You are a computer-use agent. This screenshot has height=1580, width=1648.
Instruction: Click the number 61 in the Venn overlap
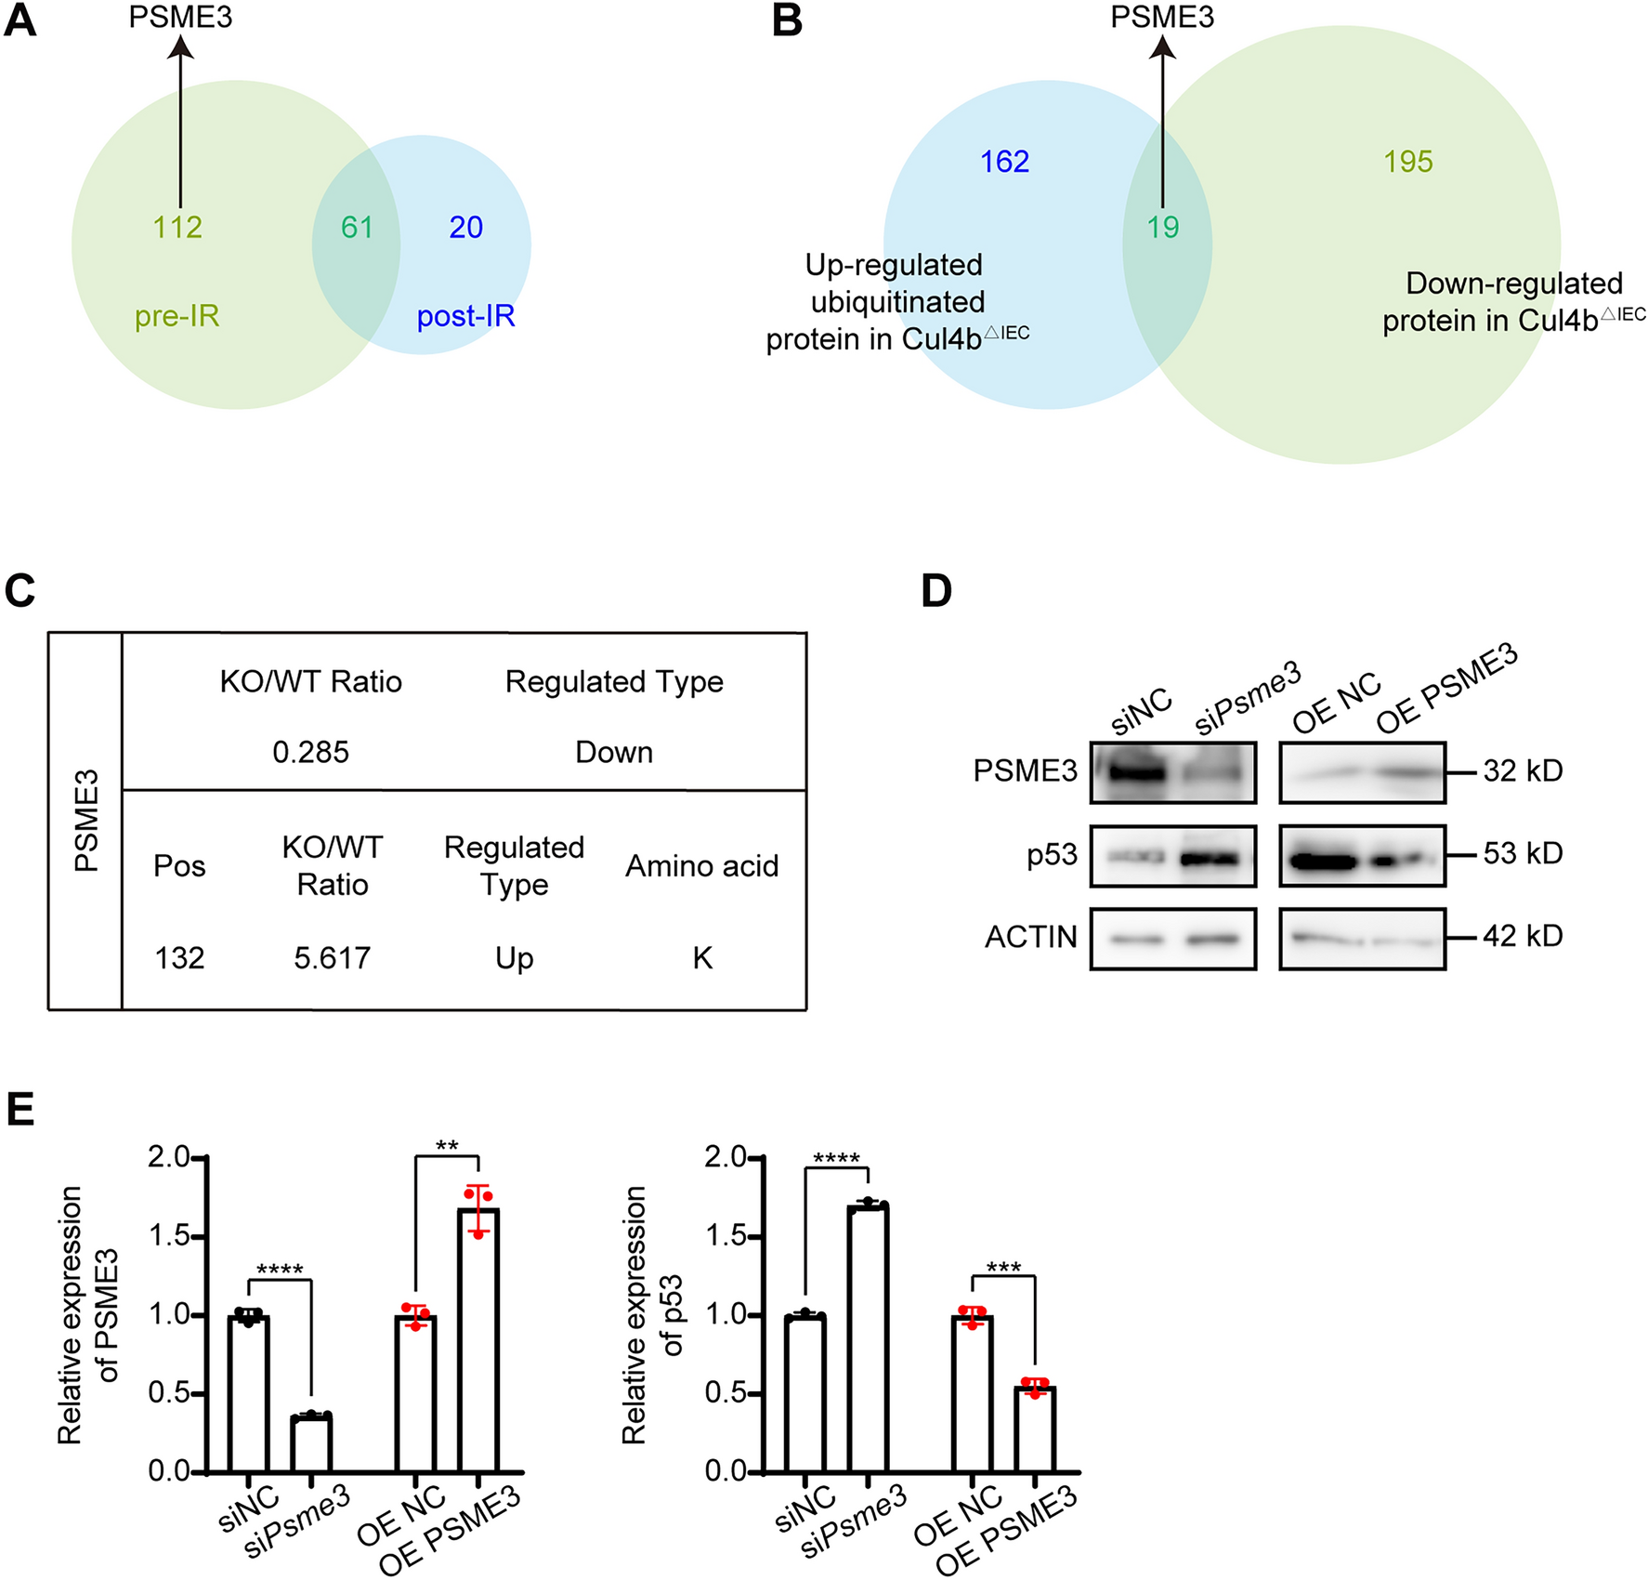[x=357, y=227]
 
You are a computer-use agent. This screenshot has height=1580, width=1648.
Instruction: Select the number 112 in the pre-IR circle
[x=177, y=227]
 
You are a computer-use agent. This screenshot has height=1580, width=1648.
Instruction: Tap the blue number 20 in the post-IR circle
[x=465, y=227]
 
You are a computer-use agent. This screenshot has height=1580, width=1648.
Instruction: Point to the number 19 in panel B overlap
[x=1163, y=227]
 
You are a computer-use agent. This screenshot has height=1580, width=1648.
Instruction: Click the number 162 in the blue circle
[x=1004, y=162]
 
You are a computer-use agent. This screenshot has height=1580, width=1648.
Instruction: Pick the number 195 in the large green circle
[x=1407, y=162]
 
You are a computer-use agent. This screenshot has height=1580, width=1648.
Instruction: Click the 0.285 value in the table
[x=310, y=752]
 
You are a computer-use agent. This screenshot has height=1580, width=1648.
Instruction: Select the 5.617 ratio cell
[x=332, y=957]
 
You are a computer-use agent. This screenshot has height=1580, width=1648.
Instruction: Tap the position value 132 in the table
[x=179, y=957]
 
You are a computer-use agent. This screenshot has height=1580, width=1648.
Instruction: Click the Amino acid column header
[x=701, y=866]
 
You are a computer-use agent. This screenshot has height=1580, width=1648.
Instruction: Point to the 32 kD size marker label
[x=1522, y=770]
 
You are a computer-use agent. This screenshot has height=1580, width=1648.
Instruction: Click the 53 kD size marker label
[x=1522, y=853]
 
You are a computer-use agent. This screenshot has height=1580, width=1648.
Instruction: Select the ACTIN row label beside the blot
[x=1030, y=937]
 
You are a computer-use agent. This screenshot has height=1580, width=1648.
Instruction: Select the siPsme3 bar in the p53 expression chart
[x=869, y=1338]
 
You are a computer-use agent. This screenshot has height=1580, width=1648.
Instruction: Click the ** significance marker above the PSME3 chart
[x=447, y=1146]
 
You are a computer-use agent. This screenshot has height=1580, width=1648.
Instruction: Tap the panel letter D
[x=936, y=591]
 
